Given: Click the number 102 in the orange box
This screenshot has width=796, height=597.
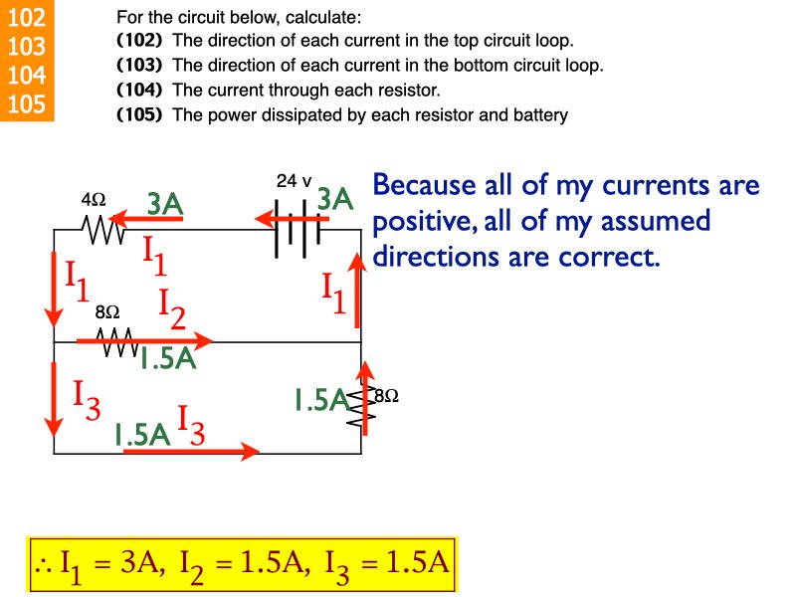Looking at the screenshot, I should coord(26,18).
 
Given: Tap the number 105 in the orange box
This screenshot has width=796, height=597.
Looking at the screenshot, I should coord(26,103).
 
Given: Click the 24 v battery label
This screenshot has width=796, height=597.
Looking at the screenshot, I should coord(294,181).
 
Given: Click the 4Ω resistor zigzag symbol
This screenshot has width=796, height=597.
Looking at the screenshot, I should coord(103,231).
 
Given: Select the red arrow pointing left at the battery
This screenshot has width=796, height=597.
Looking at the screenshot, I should coord(279,217).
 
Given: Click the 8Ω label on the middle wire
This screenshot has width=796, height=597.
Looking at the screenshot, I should coord(106,311).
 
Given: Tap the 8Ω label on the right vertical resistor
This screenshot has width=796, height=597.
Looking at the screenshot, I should coord(385,395).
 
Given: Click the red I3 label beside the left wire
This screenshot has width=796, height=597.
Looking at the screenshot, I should coord(86,395).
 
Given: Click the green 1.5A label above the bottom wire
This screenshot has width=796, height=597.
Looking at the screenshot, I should coord(142,434).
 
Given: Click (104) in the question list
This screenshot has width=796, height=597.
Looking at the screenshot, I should coord(139,90).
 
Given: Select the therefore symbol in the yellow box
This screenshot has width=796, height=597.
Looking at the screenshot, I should coord(43,566).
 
